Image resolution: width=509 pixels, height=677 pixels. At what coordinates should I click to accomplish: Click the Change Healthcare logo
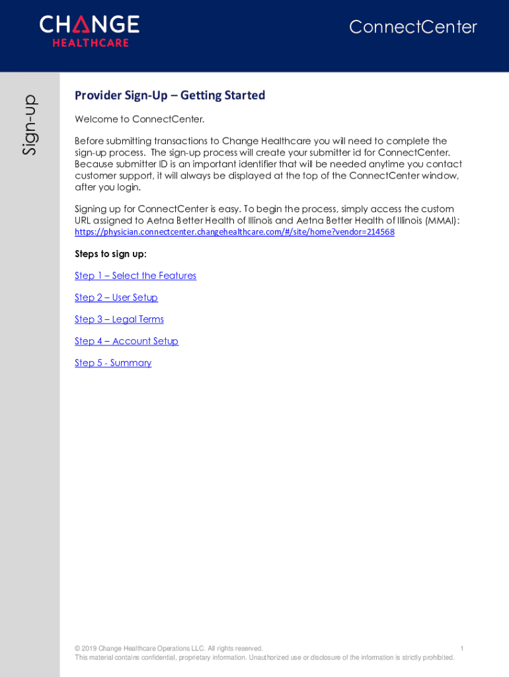89,31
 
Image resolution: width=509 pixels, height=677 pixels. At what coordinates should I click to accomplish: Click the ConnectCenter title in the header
412,27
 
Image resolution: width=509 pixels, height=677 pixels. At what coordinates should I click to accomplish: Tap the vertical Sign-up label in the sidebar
29,125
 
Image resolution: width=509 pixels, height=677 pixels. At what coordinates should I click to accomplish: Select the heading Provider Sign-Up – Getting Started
170,95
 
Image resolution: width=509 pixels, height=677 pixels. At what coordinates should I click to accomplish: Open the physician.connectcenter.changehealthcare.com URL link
234,232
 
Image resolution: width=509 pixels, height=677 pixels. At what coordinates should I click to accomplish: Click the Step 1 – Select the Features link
136,276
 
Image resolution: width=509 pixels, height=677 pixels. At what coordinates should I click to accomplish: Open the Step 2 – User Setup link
116,298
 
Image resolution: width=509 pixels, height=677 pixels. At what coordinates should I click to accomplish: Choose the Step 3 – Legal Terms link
119,319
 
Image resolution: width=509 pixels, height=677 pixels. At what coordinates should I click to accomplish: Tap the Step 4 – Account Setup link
126,341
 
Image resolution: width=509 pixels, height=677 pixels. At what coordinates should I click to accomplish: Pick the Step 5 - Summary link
113,363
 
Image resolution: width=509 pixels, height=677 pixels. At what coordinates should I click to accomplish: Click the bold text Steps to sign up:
110,254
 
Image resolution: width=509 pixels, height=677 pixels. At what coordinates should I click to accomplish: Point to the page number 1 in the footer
462,649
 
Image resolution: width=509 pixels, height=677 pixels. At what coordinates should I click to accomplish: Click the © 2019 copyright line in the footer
169,649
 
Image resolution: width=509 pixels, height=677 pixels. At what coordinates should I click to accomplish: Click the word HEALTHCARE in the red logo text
91,43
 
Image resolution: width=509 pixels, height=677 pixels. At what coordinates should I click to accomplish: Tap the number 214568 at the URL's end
379,232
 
